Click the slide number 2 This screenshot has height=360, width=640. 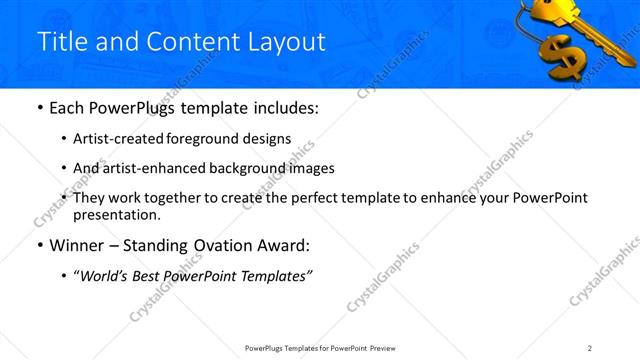click(x=590, y=347)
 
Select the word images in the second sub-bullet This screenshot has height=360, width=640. click(x=311, y=168)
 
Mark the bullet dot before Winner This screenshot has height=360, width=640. click(x=38, y=245)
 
